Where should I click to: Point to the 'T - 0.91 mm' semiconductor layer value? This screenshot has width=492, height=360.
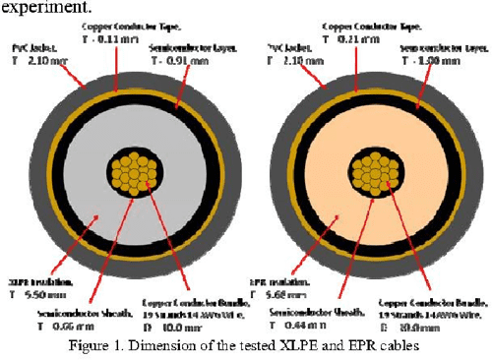[x=189, y=59]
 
